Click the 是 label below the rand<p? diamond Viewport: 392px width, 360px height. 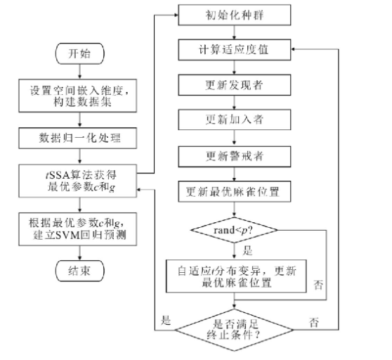pos(247,250)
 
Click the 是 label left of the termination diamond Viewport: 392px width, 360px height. pos(166,320)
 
